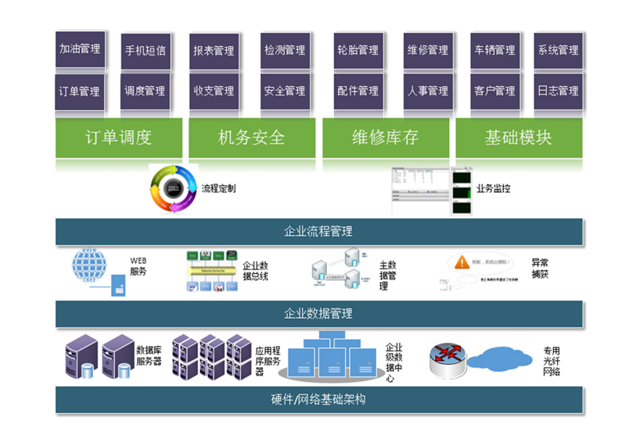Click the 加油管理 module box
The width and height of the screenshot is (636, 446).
pyautogui.click(x=80, y=49)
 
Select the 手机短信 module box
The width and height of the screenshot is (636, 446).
pyautogui.click(x=146, y=51)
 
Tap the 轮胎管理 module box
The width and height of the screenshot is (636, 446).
pyautogui.click(x=358, y=50)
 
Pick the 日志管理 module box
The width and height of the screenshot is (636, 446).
pyautogui.click(x=558, y=91)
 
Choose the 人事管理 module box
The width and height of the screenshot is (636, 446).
pyautogui.click(x=427, y=91)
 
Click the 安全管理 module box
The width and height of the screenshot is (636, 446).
pyautogui.click(x=284, y=91)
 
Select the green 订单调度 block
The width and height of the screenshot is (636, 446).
pyautogui.click(x=119, y=137)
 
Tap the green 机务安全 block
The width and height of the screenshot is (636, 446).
pyautogui.click(x=252, y=137)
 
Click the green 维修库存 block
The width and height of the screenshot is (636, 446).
pyautogui.click(x=385, y=137)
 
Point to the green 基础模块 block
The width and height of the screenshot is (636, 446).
pyautogui.click(x=519, y=137)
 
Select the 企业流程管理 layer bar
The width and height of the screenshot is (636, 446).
pyautogui.click(x=318, y=231)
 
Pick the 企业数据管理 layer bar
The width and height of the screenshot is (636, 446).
pyautogui.click(x=318, y=313)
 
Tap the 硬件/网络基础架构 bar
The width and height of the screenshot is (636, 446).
pyautogui.click(x=318, y=399)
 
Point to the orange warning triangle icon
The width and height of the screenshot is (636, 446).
pyautogui.click(x=462, y=262)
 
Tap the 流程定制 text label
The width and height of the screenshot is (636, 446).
pyautogui.click(x=218, y=188)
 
